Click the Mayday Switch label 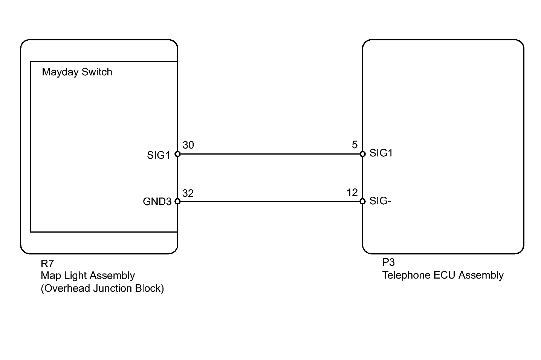pyautogui.click(x=77, y=72)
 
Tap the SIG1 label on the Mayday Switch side pyautogui.click(x=159, y=155)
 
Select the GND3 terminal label pyautogui.click(x=157, y=202)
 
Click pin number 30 pyautogui.click(x=188, y=145)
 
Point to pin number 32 pyautogui.click(x=188, y=193)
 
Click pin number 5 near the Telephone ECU pyautogui.click(x=355, y=145)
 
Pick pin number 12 pyautogui.click(x=352, y=193)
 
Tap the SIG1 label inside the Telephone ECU pyautogui.click(x=381, y=153)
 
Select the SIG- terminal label pyautogui.click(x=380, y=201)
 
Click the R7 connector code pyautogui.click(x=47, y=264)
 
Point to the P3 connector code pyautogui.click(x=388, y=262)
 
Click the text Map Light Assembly pyautogui.click(x=88, y=276)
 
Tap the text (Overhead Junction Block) pyautogui.click(x=102, y=288)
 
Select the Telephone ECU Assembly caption pyautogui.click(x=443, y=276)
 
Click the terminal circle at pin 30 pyautogui.click(x=177, y=154)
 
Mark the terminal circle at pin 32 pyautogui.click(x=177, y=201)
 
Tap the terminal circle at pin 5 pyautogui.click(x=362, y=154)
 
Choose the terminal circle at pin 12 pyautogui.click(x=362, y=201)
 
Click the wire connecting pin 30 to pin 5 pyautogui.click(x=270, y=154)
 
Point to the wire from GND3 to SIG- pyautogui.click(x=270, y=201)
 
